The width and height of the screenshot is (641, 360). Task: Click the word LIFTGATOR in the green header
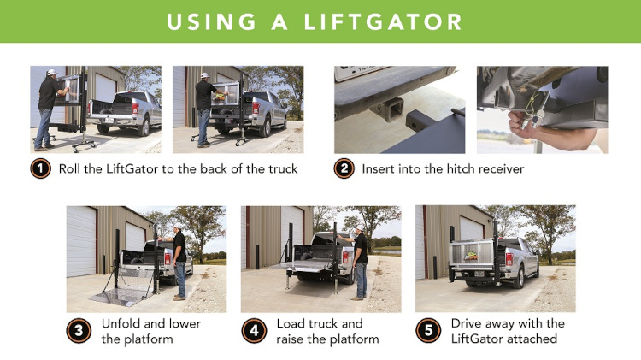(x=390, y=21)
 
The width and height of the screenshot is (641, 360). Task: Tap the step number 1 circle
(x=40, y=168)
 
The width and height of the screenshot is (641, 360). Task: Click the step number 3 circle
(x=79, y=330)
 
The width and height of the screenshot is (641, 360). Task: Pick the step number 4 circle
(x=254, y=330)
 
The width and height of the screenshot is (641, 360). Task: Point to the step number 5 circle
(x=428, y=330)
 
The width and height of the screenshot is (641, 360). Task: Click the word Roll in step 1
(x=70, y=168)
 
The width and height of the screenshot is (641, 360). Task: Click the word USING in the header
(x=209, y=21)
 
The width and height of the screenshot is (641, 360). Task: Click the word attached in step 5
(x=534, y=339)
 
